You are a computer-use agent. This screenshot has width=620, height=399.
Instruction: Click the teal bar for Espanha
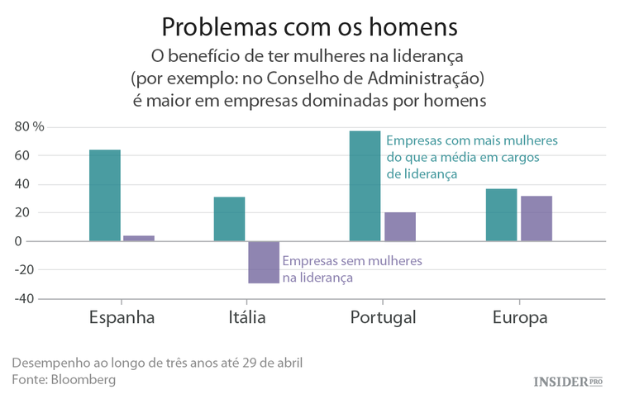pyautogui.click(x=105, y=196)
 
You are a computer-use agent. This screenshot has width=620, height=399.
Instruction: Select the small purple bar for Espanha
pyautogui.click(x=139, y=238)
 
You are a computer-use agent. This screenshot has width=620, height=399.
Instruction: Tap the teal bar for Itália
pyautogui.click(x=229, y=219)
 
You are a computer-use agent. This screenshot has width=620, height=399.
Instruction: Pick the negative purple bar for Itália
pyautogui.click(x=264, y=262)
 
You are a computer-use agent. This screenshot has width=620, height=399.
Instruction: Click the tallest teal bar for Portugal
pyautogui.click(x=365, y=186)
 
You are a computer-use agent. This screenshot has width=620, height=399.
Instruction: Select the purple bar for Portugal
pyautogui.click(x=400, y=226)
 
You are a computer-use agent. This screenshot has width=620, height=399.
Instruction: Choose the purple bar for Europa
pyautogui.click(x=537, y=218)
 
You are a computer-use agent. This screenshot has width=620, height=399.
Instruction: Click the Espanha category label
pyautogui.click(x=122, y=318)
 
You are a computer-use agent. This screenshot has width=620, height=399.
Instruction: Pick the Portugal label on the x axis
pyautogui.click(x=383, y=318)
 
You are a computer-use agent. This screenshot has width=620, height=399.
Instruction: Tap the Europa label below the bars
pyautogui.click(x=520, y=318)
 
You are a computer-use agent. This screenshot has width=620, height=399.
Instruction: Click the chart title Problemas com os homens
pyautogui.click(x=309, y=26)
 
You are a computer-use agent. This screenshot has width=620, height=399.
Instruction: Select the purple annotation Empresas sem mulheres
pyautogui.click(x=351, y=269)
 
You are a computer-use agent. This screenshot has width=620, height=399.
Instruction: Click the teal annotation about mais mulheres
pyautogui.click(x=472, y=157)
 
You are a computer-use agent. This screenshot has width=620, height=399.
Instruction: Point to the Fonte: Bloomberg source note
pyautogui.click(x=64, y=380)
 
